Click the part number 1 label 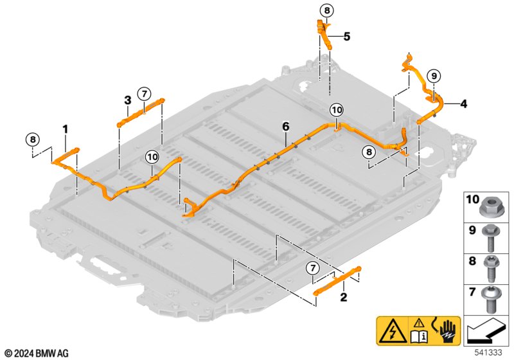coord(65,129)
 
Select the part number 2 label coord(343,297)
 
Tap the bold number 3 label coord(128,100)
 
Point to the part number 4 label coord(463,103)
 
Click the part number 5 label coord(346,37)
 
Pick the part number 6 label coord(285,127)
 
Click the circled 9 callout coord(433,76)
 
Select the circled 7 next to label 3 coord(144,93)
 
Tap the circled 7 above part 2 coord(313,267)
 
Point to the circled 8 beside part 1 coord(32,139)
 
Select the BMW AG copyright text coord(37,353)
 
